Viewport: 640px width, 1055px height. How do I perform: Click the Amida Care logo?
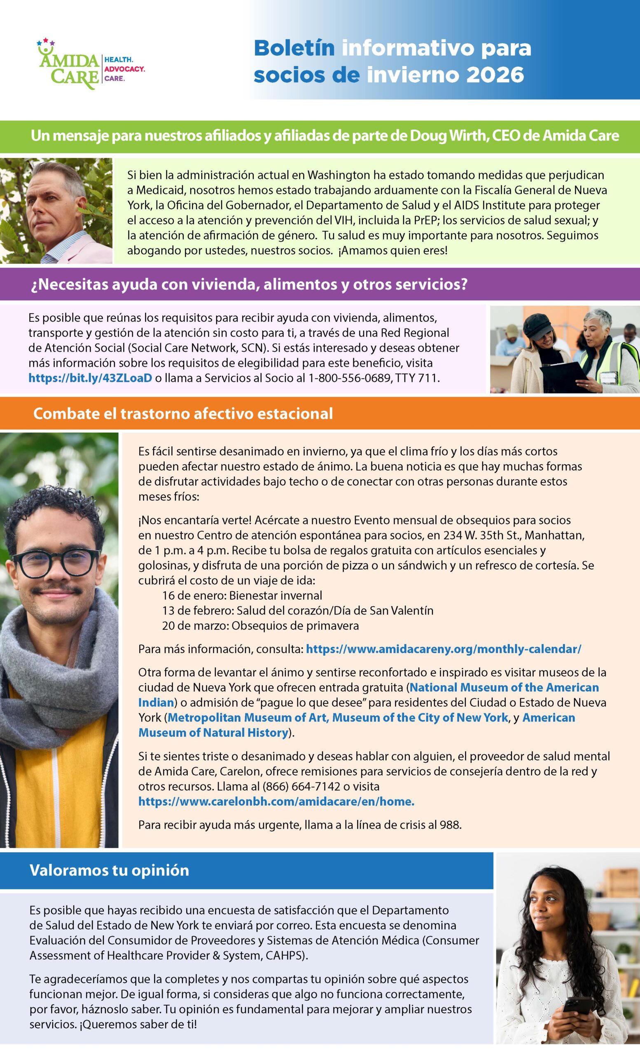point(90,65)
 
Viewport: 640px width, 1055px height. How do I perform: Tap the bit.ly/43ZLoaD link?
point(90,378)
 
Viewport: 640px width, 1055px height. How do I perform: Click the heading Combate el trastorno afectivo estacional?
point(183,414)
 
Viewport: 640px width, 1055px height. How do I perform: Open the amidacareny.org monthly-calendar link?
point(443,649)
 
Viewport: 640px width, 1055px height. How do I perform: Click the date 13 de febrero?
point(197,610)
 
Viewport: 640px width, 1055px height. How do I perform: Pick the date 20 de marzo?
point(195,626)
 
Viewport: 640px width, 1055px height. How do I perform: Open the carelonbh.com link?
point(276,801)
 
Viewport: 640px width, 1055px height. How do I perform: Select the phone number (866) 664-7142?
point(301,786)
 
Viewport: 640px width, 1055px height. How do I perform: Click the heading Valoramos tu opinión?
point(109,870)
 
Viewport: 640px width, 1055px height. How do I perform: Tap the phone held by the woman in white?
point(577,1005)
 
